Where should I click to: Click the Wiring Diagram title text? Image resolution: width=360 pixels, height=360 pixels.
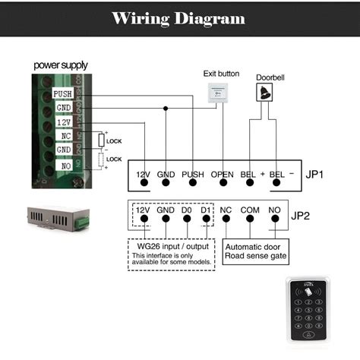[x=179, y=18]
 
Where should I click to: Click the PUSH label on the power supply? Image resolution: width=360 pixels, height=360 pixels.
[x=62, y=94]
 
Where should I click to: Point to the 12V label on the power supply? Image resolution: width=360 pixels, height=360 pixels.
[x=62, y=122]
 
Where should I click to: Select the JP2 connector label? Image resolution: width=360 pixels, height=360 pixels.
[x=302, y=215]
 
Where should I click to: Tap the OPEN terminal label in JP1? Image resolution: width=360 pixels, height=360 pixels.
[x=223, y=174]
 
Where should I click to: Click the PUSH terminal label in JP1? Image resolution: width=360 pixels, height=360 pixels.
[x=193, y=174]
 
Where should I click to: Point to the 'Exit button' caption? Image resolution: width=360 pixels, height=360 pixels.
[x=221, y=74]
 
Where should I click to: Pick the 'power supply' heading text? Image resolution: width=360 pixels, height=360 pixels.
[x=60, y=65]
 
